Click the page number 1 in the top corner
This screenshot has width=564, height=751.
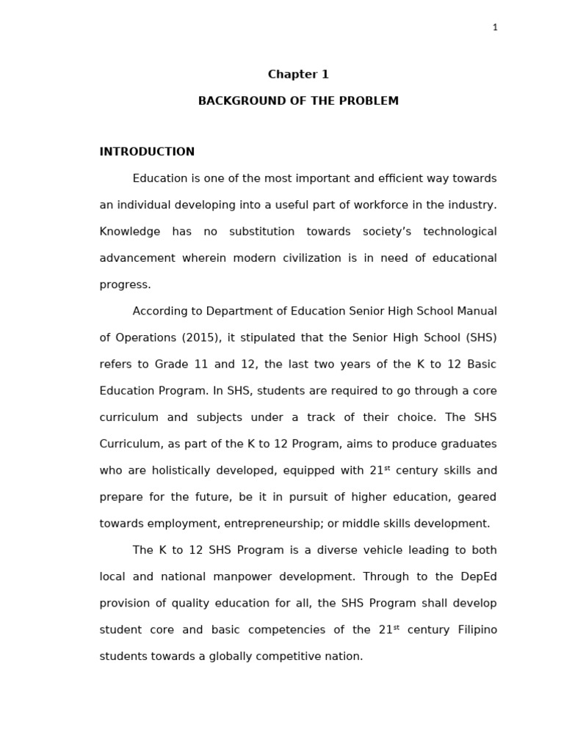495,28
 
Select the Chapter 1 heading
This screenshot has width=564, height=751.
298,75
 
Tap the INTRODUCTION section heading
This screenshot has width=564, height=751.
147,152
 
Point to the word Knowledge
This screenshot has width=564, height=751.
129,232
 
